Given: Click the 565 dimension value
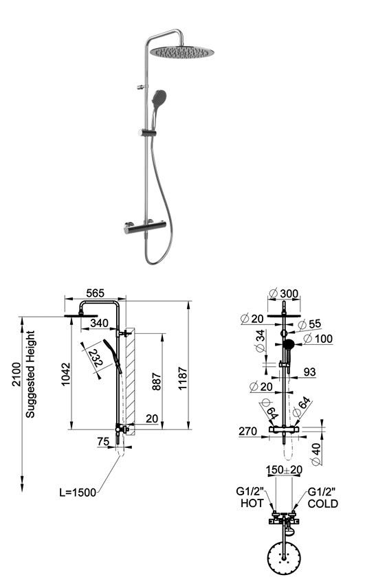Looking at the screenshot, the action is [96, 293].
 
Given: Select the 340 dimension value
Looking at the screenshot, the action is [100, 323].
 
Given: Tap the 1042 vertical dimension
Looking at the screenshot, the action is [65, 374].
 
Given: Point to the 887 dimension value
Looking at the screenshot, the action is [157, 381].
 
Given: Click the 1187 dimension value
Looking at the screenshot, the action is [183, 379].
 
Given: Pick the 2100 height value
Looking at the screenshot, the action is [16, 374].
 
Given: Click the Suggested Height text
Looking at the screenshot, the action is [30, 374].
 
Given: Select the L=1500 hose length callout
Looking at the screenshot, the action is [78, 493].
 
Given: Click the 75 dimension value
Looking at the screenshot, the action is [103, 442].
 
